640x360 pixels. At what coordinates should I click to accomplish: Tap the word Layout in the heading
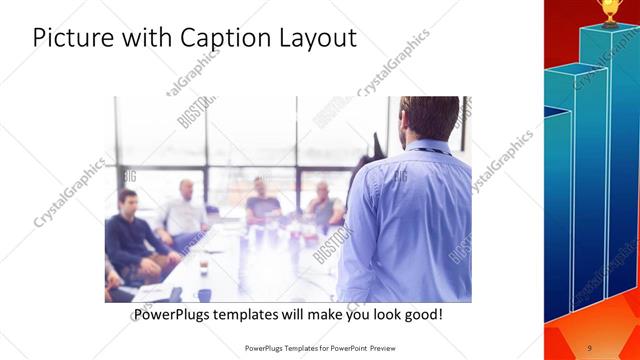[318, 39]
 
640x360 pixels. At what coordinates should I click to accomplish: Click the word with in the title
[146, 39]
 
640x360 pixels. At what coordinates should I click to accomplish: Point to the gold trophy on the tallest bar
[609, 11]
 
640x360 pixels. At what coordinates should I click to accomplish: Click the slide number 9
[589, 347]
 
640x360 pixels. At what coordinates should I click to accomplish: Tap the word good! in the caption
[419, 315]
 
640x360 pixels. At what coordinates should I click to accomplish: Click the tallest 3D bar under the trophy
[609, 150]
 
